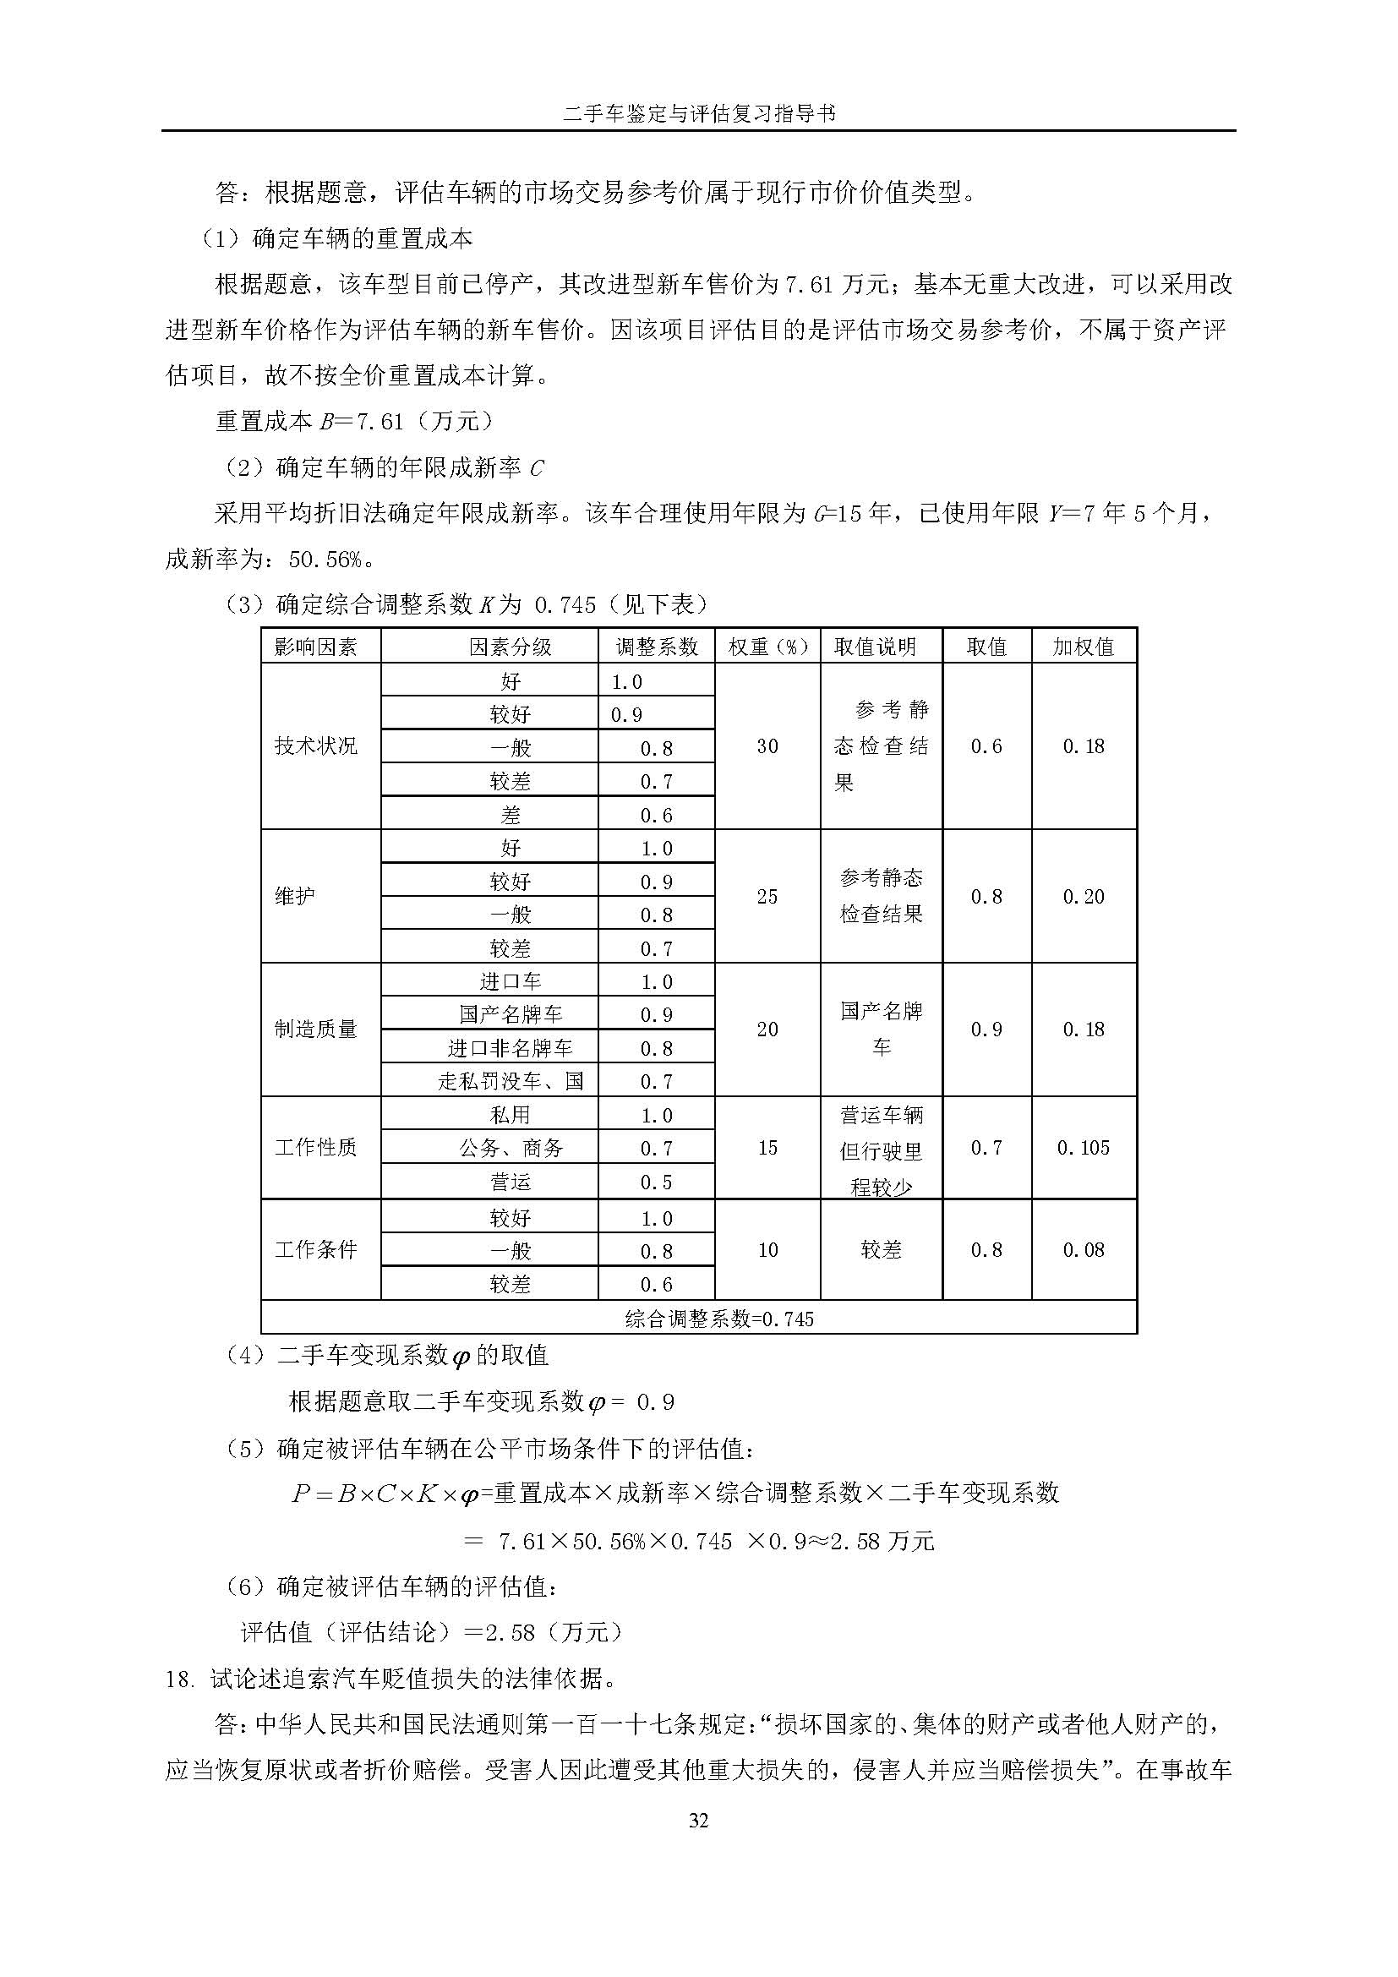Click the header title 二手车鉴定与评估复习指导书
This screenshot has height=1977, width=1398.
pos(698,113)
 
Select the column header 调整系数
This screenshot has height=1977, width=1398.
pos(656,647)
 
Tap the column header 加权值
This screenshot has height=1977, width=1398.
pos(1083,647)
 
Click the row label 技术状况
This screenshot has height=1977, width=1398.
pos(316,745)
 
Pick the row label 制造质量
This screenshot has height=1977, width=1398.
pos(316,1029)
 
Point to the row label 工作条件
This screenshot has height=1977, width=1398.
pos(316,1249)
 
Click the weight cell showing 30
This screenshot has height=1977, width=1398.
pos(767,745)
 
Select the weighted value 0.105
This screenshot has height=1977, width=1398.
pos(1083,1147)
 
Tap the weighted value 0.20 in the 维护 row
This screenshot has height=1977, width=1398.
pos(1083,896)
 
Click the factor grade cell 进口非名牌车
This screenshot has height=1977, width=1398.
pos(510,1048)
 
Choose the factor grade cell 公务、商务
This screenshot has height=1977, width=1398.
pos(510,1148)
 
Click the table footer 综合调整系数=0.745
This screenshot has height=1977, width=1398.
pos(718,1319)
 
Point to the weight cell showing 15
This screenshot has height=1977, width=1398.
pos(767,1147)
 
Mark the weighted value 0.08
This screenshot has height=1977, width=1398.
pos(1083,1249)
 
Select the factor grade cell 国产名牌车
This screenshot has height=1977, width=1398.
pos(510,1014)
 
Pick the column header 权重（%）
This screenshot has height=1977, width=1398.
pos(767,647)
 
